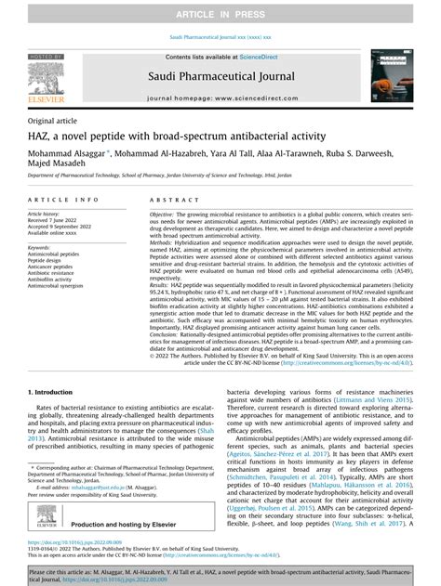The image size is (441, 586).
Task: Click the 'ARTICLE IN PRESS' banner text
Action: tap(220, 10)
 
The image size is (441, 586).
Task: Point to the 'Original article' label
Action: tap(54, 122)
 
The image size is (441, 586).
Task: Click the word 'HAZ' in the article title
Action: tap(43, 137)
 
